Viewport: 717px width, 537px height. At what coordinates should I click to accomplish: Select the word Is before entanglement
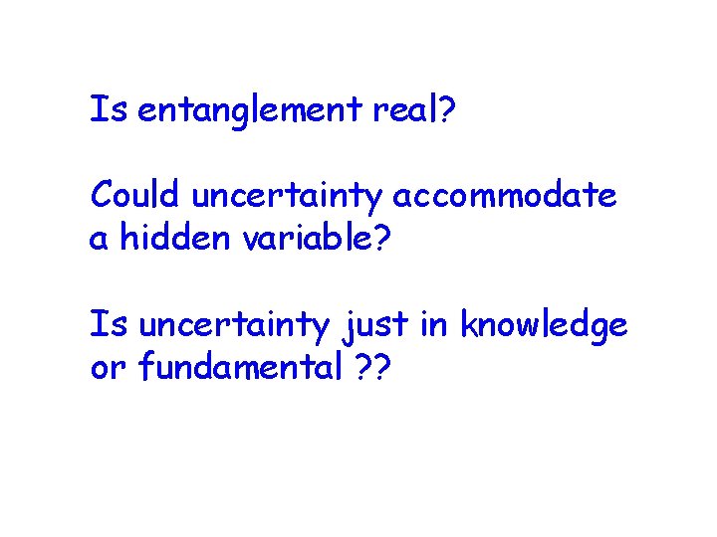(x=110, y=109)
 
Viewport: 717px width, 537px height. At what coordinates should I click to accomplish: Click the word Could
(x=135, y=195)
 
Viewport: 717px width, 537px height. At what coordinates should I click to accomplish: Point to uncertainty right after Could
(x=287, y=197)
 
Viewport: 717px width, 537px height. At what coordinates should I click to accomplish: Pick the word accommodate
(x=505, y=196)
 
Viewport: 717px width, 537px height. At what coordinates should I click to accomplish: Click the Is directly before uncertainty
(x=110, y=324)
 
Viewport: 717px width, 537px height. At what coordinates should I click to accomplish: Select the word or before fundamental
(x=104, y=369)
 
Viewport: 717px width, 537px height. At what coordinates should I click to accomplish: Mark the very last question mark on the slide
(x=384, y=368)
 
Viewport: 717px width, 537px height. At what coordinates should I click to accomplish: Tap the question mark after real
(x=448, y=109)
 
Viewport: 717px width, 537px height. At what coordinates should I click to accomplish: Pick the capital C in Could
(x=102, y=195)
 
